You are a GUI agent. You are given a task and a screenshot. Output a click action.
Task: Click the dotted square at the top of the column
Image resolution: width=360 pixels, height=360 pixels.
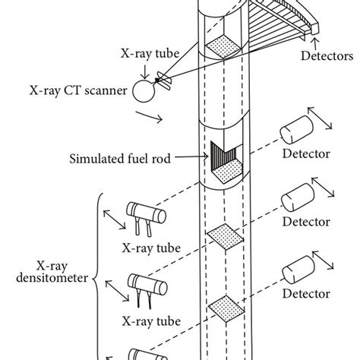[x=222, y=46]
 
